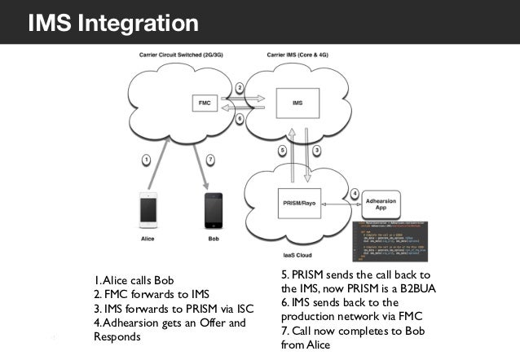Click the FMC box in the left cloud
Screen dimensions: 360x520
tap(207, 103)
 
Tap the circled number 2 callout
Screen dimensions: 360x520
tap(240, 87)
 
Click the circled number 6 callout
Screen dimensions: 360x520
tap(240, 118)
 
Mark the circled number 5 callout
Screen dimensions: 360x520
tap(281, 151)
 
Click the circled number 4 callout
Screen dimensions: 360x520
tap(354, 192)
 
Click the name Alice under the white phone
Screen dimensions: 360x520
tap(148, 239)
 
